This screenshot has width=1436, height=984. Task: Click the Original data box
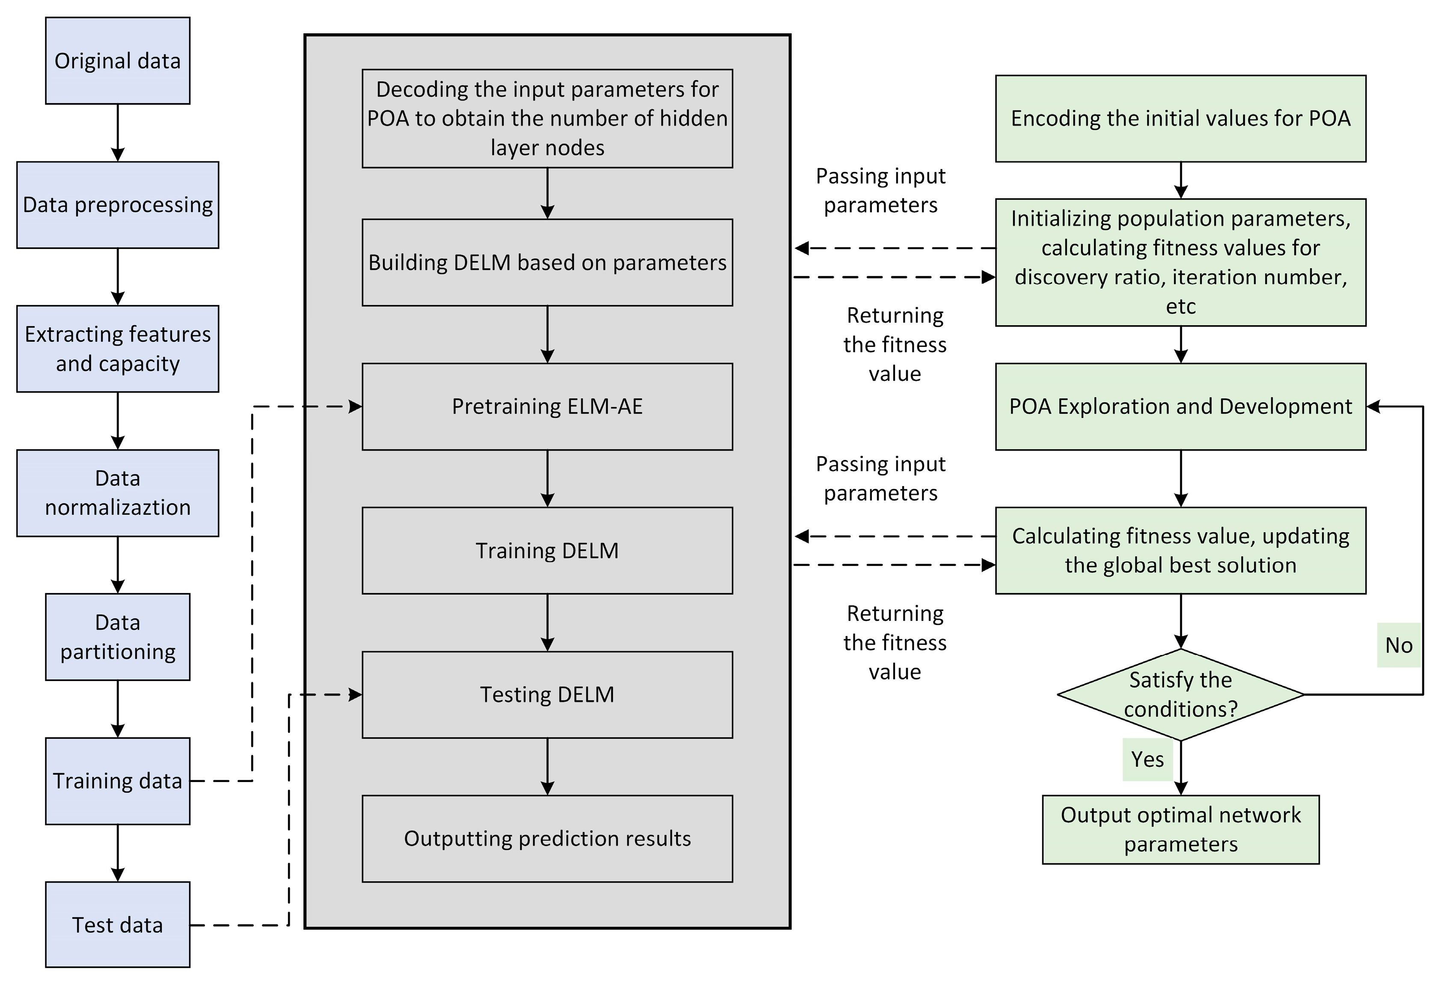pos(117,60)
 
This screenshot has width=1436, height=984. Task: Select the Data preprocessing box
pos(117,205)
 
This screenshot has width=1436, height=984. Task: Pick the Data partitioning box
pos(117,637)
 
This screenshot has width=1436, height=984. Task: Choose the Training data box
pos(117,781)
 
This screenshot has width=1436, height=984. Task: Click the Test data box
pos(117,925)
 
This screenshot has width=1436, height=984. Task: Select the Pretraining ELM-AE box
pos(547,406)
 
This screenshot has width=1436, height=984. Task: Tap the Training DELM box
pos(547,550)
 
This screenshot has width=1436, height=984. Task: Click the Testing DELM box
pos(547,694)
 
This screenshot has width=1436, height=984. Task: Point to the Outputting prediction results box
pos(547,838)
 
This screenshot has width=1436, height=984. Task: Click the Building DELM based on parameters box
pos(547,263)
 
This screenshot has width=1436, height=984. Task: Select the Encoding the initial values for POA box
pos(1180,119)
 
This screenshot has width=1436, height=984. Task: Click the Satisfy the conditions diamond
pos(1180,694)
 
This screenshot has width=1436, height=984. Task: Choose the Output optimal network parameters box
pos(1180,830)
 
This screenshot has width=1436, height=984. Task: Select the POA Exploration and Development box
pos(1180,406)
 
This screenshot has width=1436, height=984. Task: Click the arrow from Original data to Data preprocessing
pos(117,133)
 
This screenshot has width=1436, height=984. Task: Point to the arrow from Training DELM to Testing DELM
pos(547,622)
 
